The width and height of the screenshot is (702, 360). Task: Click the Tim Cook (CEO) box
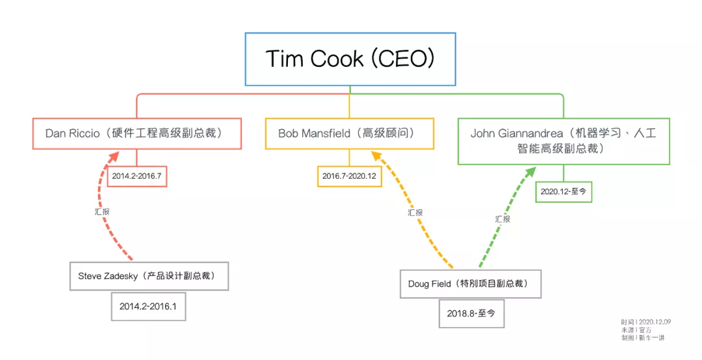[x=350, y=59]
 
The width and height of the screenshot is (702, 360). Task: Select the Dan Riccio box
[x=137, y=133]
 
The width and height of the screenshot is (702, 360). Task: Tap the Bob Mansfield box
[x=350, y=133]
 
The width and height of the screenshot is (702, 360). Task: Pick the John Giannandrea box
[x=564, y=141]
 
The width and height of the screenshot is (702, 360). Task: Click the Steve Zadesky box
[x=149, y=276]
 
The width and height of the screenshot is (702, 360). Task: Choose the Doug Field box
[x=471, y=284]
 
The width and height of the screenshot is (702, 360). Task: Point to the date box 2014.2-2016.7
[x=137, y=176]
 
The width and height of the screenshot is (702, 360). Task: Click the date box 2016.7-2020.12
[x=349, y=176]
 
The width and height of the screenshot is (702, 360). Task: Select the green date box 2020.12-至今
[x=564, y=191]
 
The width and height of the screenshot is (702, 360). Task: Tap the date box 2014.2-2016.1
[x=148, y=306]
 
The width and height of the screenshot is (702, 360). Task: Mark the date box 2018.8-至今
[x=471, y=313]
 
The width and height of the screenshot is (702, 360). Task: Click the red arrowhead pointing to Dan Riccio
[x=114, y=156]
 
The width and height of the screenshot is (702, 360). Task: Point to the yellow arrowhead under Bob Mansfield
[x=376, y=155]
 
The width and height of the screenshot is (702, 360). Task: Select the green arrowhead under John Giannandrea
[x=530, y=172]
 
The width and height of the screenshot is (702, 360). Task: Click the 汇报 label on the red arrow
[x=102, y=212]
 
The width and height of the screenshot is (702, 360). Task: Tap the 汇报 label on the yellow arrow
[x=415, y=212]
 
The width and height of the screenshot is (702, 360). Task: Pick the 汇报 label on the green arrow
[x=502, y=219]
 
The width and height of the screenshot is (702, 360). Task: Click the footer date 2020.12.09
[x=655, y=322]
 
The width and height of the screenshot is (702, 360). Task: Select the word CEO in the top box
[x=404, y=58]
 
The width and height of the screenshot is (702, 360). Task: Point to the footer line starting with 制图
[x=643, y=338]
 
